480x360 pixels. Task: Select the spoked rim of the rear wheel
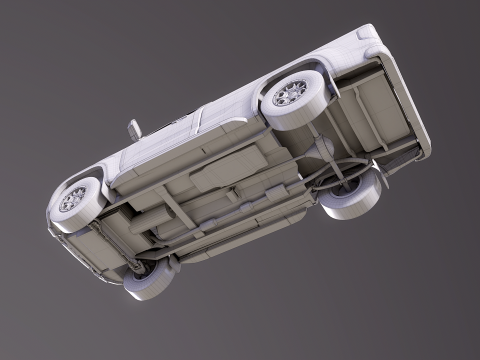click(290, 94)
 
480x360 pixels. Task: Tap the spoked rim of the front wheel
click(74, 199)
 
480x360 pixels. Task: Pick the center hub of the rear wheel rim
click(290, 94)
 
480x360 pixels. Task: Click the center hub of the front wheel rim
click(74, 199)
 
